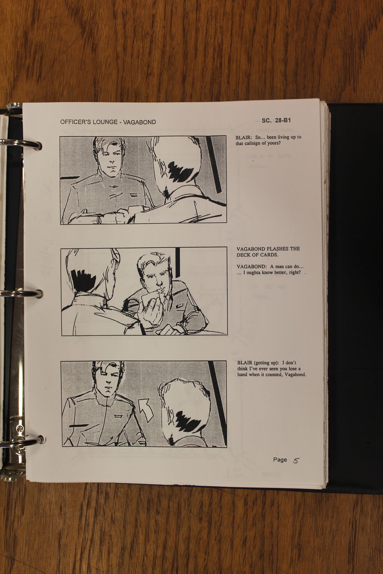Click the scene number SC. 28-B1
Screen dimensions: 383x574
276,121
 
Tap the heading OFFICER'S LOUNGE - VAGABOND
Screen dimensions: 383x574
108,122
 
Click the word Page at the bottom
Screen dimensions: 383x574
280,459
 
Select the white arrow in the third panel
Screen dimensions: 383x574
146,411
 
